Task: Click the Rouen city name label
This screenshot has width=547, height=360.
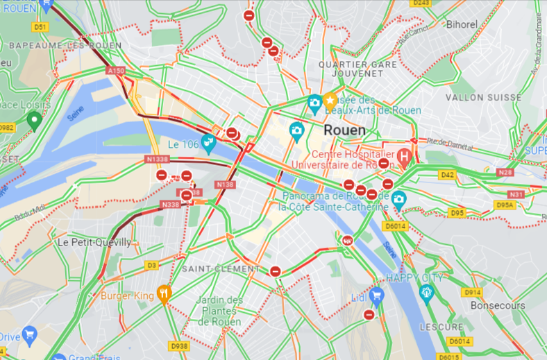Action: tap(345, 130)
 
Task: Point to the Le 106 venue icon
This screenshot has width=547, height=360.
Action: tap(208, 144)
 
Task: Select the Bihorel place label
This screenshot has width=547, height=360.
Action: tap(462, 24)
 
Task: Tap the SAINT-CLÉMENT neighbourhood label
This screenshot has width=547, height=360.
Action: tap(211, 267)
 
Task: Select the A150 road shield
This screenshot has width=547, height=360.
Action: tap(116, 71)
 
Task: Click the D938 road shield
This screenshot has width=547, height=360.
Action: tap(179, 345)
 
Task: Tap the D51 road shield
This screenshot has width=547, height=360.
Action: tap(41, 27)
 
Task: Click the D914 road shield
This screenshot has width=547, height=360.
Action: tap(472, 293)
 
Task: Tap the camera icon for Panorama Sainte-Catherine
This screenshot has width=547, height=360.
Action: tap(398, 199)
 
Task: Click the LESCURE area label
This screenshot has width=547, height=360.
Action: tap(441, 327)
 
